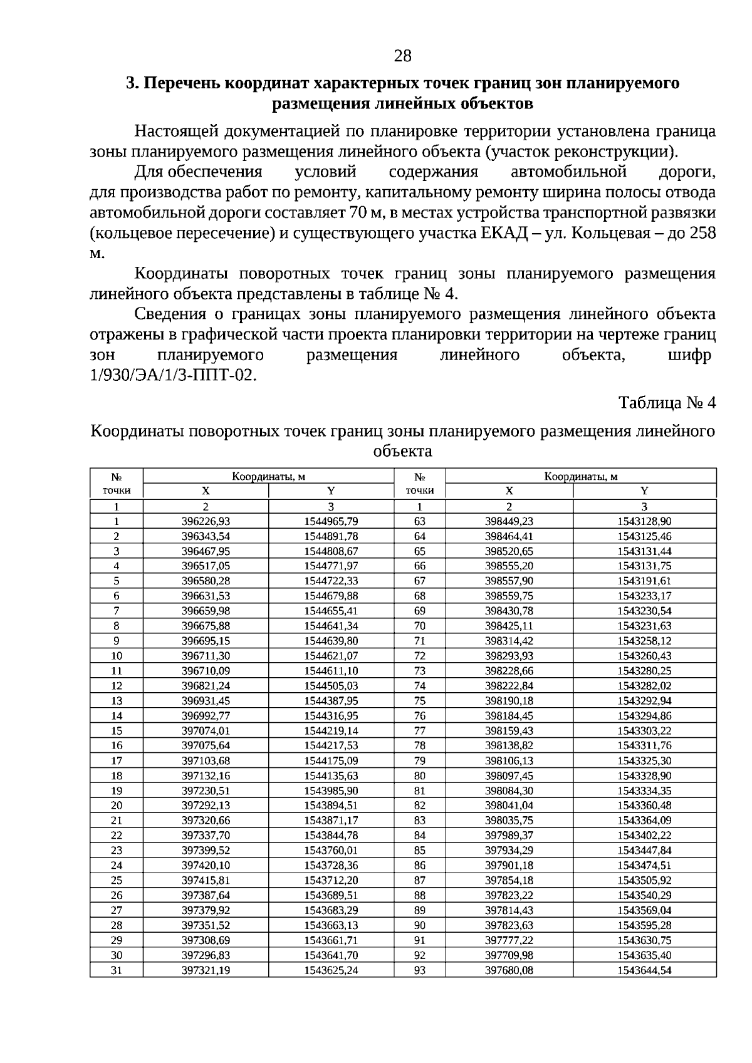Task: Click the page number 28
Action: [x=402, y=56]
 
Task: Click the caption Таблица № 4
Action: [x=667, y=402]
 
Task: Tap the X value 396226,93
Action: [x=206, y=521]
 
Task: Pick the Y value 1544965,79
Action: [x=331, y=521]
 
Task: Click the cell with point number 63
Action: [x=420, y=521]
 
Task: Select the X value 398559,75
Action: [x=509, y=596]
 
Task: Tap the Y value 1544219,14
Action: [x=331, y=730]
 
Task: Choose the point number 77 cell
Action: [x=420, y=730]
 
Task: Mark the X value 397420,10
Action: [x=206, y=865]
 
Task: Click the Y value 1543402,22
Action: [x=644, y=835]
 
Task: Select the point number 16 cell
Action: [x=117, y=745]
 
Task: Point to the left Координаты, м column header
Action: [x=268, y=476]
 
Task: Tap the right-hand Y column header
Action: [x=644, y=491]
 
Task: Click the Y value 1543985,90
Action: [x=331, y=791]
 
